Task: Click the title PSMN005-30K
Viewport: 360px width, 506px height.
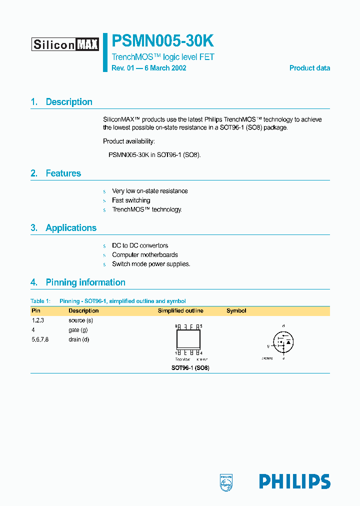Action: coord(163,41)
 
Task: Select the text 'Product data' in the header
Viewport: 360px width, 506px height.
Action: coord(309,68)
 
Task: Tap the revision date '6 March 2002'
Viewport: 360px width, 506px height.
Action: coord(165,68)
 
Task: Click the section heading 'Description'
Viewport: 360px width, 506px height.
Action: coord(69,102)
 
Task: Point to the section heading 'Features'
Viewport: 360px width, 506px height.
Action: coord(63,173)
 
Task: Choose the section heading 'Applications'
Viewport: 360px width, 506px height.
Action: coord(71,228)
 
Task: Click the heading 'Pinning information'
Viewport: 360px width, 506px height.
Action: coord(85,282)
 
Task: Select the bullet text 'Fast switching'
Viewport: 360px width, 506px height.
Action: coord(131,200)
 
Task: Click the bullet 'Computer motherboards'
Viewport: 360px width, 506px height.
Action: coord(144,255)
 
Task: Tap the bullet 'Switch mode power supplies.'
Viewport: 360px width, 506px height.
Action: coord(151,264)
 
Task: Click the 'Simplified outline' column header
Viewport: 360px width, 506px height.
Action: coord(180,311)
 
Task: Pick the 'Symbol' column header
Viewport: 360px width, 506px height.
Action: coord(236,311)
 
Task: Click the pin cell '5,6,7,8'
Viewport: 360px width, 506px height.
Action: coord(40,339)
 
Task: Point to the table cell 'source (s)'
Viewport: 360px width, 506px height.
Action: coord(81,320)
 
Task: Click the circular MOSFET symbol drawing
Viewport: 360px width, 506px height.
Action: coord(283,342)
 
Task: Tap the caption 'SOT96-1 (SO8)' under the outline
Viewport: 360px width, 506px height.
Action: coord(190,368)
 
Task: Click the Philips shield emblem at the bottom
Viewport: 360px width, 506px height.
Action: coord(226,481)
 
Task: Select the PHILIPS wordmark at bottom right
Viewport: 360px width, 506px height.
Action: coord(294,481)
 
